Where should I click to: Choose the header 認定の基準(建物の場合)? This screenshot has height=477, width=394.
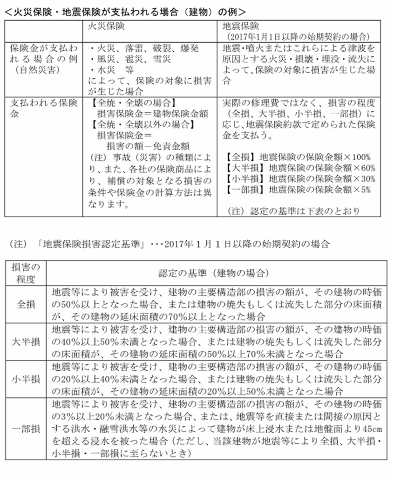213,273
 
